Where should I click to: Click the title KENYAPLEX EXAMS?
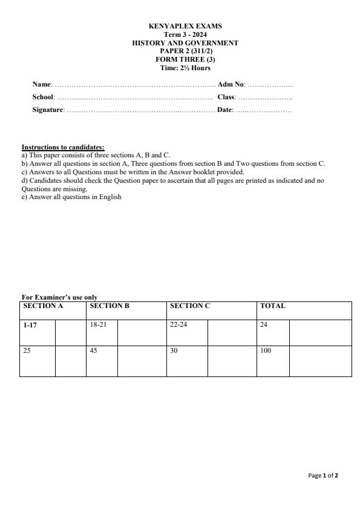point(185,27)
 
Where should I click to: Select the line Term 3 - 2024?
point(185,35)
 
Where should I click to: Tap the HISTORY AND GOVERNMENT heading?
point(185,43)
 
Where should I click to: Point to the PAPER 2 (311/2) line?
point(185,51)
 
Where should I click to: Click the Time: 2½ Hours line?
point(185,68)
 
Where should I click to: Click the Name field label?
point(42,84)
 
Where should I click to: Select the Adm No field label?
point(231,84)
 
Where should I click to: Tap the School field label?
point(44,97)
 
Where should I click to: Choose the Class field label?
point(226,97)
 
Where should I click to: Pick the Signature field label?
point(48,110)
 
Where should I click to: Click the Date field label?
point(225,110)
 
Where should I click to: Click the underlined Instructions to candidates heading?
point(63,147)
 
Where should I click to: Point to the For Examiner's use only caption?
point(59,297)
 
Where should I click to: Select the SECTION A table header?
point(43,306)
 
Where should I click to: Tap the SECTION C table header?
point(190,306)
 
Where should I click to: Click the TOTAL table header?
point(273,306)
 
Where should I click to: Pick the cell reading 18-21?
point(97,325)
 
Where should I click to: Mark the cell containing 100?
point(266,351)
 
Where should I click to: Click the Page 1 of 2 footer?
point(323,476)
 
